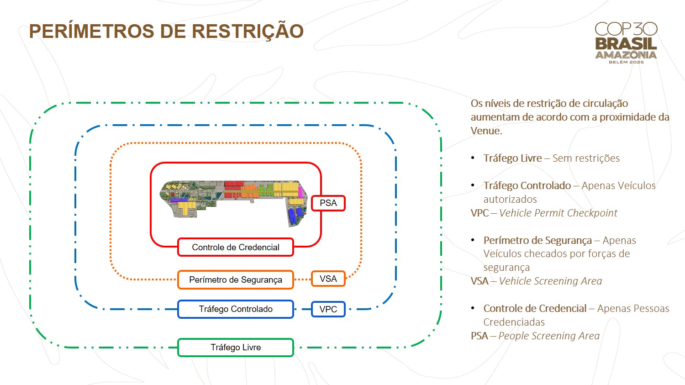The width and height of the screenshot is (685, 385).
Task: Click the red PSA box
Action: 328,203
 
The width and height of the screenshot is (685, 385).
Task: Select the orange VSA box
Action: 328,279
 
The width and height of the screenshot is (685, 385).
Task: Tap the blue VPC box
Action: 328,309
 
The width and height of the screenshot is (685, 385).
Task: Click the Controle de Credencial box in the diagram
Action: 236,247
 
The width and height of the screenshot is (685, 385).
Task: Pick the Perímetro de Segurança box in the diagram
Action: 236,280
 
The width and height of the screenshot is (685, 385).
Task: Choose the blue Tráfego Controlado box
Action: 236,309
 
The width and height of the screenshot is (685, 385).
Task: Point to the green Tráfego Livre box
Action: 236,348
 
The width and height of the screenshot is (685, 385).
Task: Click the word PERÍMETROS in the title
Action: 92,31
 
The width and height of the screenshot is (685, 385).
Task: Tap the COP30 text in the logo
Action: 626,29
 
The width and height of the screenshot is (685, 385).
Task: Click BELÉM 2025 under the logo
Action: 626,62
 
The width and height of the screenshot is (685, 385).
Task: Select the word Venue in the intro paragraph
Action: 486,131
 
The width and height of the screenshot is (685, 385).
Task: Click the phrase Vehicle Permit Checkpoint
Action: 558,213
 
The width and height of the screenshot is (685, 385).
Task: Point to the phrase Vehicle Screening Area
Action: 550,281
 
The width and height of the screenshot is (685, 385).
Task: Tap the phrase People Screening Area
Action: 549,336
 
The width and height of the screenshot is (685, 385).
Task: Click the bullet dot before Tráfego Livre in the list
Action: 473,158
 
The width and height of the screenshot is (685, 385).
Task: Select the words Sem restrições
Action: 586,158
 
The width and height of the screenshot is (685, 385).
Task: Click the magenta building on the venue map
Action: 300,192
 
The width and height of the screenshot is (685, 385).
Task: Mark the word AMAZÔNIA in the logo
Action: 626,55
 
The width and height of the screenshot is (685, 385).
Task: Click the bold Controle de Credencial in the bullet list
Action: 535,308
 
